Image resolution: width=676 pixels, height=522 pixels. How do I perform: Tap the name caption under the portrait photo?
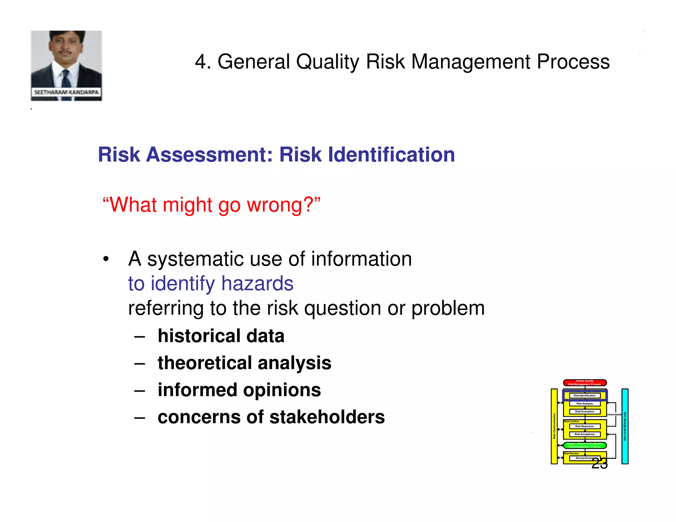tap(66, 92)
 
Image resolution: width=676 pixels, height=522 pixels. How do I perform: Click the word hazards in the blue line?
tap(257, 283)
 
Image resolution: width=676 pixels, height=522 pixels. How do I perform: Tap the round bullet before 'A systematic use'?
tap(106, 259)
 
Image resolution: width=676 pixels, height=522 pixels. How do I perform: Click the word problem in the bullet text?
tap(448, 308)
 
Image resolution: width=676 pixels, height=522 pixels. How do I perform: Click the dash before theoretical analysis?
tap(140, 364)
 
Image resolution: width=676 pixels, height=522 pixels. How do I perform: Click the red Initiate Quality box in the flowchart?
tap(585, 383)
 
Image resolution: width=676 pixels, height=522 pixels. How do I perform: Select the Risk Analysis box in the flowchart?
tap(585, 404)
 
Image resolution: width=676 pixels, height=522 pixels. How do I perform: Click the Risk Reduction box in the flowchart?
tap(585, 426)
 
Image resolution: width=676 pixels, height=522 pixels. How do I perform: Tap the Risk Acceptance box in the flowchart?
tap(585, 434)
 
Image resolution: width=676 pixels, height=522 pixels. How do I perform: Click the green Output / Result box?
tap(585, 445)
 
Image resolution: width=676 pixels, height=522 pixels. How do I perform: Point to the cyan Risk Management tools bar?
tap(625, 426)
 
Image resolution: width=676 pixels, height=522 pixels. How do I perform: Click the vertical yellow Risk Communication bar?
tap(554, 426)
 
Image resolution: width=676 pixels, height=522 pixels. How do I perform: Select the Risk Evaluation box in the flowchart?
tap(585, 411)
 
